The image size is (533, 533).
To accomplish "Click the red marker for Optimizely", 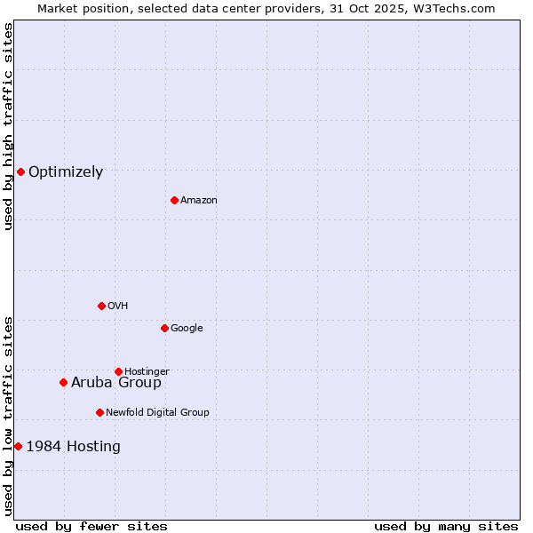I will pyautogui.click(x=20, y=171).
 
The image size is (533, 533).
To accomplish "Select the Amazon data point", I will pyautogui.click(x=174, y=200).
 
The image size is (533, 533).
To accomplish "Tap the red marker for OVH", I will pyautogui.click(x=101, y=306).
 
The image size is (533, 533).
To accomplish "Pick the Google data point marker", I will pyautogui.click(x=164, y=328).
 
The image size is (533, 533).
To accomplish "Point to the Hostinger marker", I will pyautogui.click(x=118, y=371).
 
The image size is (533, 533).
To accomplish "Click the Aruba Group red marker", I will pyautogui.click(x=63, y=383).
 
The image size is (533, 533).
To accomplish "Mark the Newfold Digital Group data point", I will pyautogui.click(x=99, y=412).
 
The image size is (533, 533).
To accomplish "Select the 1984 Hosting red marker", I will pyautogui.click(x=18, y=446).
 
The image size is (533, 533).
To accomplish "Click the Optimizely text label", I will pyautogui.click(x=66, y=172).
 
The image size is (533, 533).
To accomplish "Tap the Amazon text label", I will pyautogui.click(x=199, y=201).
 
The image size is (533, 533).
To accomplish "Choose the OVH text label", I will pyautogui.click(x=118, y=306).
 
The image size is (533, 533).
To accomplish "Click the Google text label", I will pyautogui.click(x=187, y=329).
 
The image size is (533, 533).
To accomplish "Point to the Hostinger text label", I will pyautogui.click(x=147, y=372).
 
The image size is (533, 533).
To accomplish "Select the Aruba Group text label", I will pyautogui.click(x=116, y=383).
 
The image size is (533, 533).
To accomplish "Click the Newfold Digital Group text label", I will pyautogui.click(x=157, y=413).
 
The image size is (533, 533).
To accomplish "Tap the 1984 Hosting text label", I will pyautogui.click(x=74, y=447).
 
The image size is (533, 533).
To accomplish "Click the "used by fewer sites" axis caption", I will pyautogui.click(x=91, y=526).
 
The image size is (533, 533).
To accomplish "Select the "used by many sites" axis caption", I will pyautogui.click(x=446, y=526).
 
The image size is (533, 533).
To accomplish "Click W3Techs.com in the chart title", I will pyautogui.click(x=452, y=8).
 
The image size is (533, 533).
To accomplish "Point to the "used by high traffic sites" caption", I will pyautogui.click(x=8, y=126).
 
